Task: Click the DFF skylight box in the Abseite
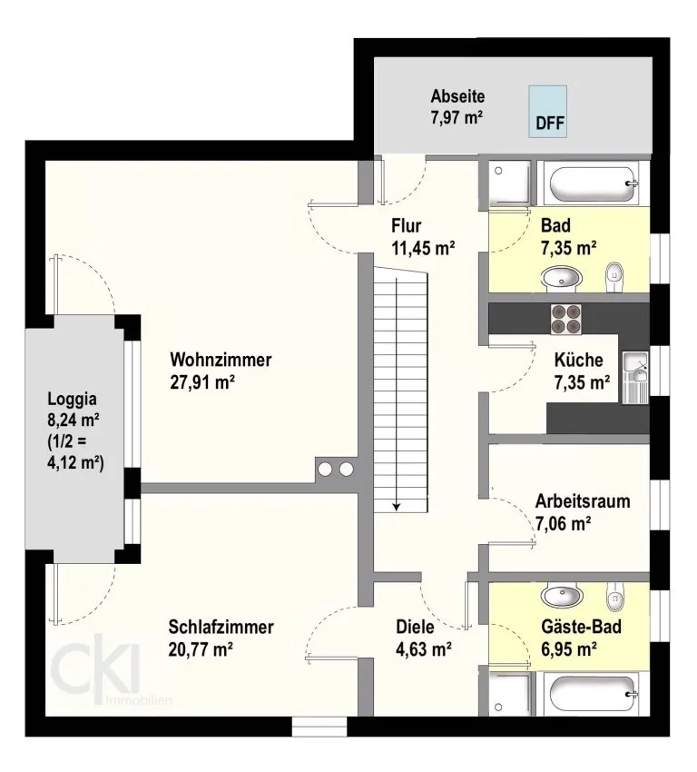click(x=547, y=112)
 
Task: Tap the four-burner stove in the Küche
click(x=565, y=319)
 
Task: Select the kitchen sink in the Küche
click(x=635, y=378)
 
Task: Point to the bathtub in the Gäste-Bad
click(x=593, y=694)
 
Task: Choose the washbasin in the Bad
click(x=561, y=277)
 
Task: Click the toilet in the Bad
click(x=614, y=278)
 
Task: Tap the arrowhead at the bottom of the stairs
click(x=397, y=507)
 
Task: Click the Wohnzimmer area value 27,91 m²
click(x=202, y=382)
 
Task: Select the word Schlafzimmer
click(x=221, y=628)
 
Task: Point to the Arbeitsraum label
click(x=583, y=501)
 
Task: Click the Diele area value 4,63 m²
click(x=424, y=649)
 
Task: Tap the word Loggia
click(x=73, y=399)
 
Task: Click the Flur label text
click(x=407, y=225)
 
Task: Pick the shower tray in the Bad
click(x=509, y=182)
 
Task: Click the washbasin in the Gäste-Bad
click(x=561, y=596)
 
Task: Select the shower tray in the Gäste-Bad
click(x=509, y=694)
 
